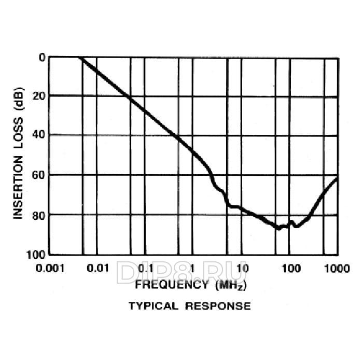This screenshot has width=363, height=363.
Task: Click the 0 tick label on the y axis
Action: point(41,57)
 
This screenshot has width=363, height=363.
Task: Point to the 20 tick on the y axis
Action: point(38,96)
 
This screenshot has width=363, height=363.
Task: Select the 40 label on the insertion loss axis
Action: point(38,135)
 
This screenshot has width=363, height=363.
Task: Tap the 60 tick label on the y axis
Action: point(38,175)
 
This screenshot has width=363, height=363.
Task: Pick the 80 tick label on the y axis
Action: point(38,215)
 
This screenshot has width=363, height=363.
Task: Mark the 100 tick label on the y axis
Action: point(36,254)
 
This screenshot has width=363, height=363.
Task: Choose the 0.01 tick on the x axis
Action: point(97,268)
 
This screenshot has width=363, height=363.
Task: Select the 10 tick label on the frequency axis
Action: point(242,268)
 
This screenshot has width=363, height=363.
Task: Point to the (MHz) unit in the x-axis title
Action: point(228,285)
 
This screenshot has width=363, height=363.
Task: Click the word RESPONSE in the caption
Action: point(218,306)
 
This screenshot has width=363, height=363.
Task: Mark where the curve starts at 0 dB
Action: point(79,57)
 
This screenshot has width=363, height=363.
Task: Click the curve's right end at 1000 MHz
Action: point(337,178)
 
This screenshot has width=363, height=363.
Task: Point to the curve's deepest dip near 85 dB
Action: point(278,228)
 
